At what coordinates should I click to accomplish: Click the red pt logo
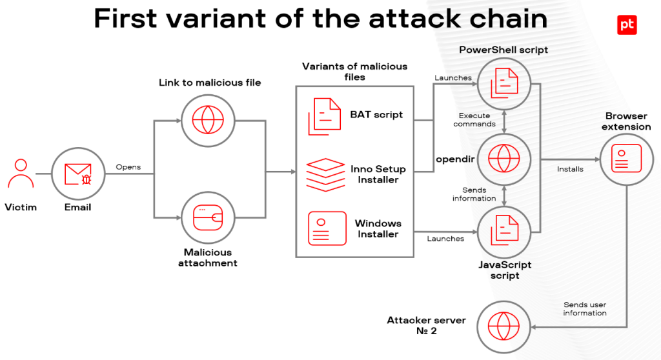coord(627,25)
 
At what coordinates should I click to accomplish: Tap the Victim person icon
coord(21,174)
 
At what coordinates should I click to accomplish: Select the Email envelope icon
coord(78,174)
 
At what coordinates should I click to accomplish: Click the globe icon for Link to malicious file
coord(208,121)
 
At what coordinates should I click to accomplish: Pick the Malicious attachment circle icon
coord(208,218)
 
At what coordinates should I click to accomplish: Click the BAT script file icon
coord(324,116)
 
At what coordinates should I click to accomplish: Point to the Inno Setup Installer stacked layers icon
coord(325,175)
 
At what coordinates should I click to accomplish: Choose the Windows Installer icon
coord(327,228)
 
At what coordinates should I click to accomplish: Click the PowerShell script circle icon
coord(503,84)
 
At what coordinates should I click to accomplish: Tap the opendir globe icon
coord(503,159)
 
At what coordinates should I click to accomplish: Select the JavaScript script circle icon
coord(503,232)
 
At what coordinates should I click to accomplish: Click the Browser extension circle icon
coord(626,159)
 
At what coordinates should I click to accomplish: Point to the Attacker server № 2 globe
coord(503,326)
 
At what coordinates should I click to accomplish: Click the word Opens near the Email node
coord(128,167)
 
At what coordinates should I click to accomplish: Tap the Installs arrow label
coord(570,169)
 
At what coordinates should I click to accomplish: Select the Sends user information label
coord(585,308)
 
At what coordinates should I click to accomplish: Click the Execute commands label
coord(474,120)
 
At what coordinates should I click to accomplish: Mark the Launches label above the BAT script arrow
coord(453,78)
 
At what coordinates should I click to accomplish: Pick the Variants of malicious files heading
coord(354,72)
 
